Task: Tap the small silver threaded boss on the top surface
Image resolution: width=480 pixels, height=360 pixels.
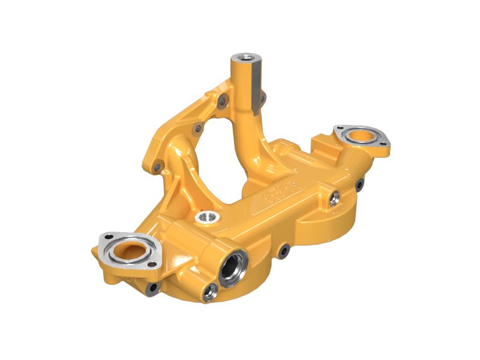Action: coord(206,215)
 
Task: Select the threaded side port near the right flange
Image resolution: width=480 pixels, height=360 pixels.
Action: coord(334,196)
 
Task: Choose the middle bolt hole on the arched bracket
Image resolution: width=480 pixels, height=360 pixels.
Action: coord(196,128)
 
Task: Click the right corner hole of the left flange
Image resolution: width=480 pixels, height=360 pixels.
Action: coord(157,251)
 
